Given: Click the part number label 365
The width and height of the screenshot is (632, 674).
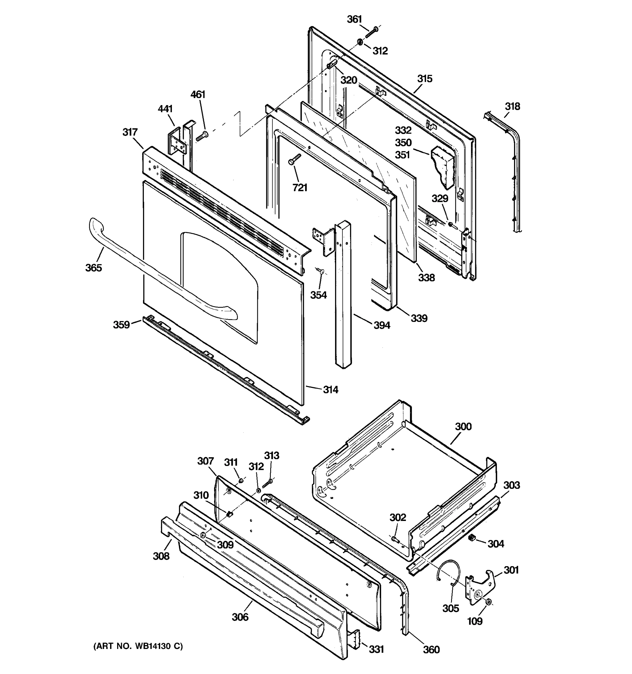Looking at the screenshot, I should (93, 268).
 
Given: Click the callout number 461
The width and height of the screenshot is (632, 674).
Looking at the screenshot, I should (198, 94).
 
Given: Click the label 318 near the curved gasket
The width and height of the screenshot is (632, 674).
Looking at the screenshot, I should (512, 106).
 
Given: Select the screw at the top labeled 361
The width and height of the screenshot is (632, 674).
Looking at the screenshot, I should (372, 31).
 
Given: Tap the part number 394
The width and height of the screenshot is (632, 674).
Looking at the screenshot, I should (382, 325).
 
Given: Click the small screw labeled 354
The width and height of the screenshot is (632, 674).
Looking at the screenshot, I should (320, 270).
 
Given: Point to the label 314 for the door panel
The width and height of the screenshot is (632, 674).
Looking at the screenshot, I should (330, 390).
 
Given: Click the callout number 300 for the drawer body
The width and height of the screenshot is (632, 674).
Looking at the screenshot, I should (463, 427).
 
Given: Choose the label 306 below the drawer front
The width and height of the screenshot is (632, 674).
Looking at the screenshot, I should (240, 617).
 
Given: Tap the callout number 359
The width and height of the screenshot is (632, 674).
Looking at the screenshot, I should (121, 325).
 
